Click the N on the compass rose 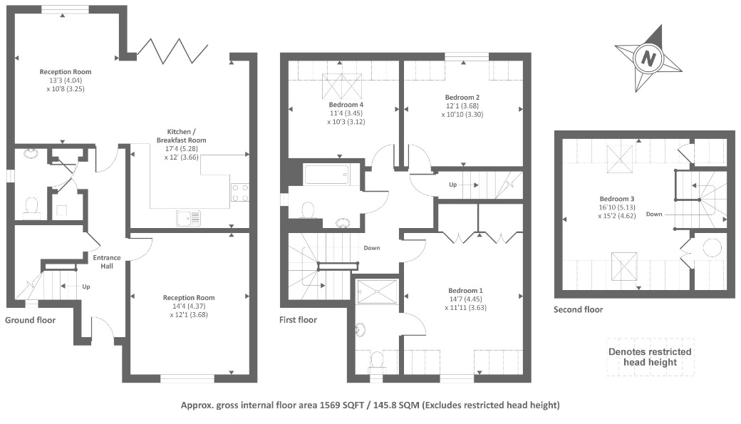648,59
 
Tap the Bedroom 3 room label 617,199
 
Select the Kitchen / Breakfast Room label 182,135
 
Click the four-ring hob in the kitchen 240,192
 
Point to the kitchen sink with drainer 189,218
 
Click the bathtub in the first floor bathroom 326,175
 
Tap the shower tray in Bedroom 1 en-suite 378,291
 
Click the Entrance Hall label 107,262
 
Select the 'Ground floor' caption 30,320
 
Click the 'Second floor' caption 579,309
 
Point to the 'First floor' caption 298,320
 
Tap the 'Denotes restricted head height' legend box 651,357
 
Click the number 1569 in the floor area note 330,405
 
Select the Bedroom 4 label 346,105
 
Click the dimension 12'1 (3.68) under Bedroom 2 462,106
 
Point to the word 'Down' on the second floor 654,214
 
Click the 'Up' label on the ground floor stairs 86,286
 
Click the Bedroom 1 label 465,291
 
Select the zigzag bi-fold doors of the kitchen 172,51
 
